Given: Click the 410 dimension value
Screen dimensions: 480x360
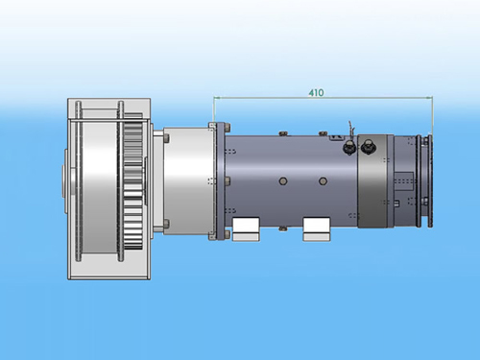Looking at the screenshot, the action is pyautogui.click(x=316, y=93).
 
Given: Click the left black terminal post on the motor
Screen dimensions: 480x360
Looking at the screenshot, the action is pyautogui.click(x=348, y=148).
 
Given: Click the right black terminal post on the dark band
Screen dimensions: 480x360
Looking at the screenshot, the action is pyautogui.click(x=367, y=147).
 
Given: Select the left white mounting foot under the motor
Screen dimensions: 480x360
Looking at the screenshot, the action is pyautogui.click(x=246, y=229).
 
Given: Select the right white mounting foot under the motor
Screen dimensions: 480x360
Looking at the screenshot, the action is pyautogui.click(x=317, y=229).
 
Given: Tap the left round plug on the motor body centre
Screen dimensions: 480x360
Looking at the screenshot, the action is pyautogui.click(x=282, y=181).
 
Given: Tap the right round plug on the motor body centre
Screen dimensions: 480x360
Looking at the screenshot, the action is pyautogui.click(x=323, y=181).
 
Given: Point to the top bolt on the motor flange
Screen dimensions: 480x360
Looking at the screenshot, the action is pyautogui.click(x=228, y=127).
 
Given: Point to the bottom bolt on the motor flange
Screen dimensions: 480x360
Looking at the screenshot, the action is pyautogui.click(x=228, y=234).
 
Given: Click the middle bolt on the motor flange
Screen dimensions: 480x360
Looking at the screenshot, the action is pyautogui.click(x=228, y=181).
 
